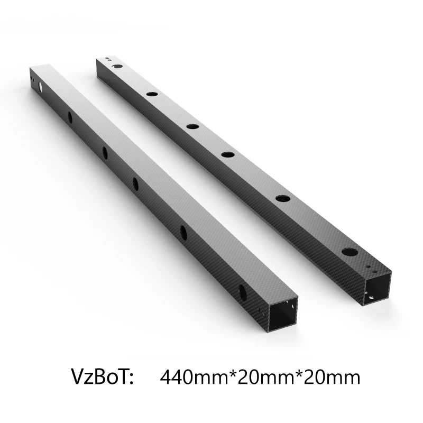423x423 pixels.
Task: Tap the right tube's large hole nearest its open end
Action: point(350,253)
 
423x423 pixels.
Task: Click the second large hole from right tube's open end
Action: point(283,198)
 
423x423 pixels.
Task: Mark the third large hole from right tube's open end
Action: point(228,154)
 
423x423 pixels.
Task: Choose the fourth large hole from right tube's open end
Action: point(192,126)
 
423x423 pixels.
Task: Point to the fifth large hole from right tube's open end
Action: point(152,94)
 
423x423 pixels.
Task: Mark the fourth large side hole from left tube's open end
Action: point(105,153)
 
